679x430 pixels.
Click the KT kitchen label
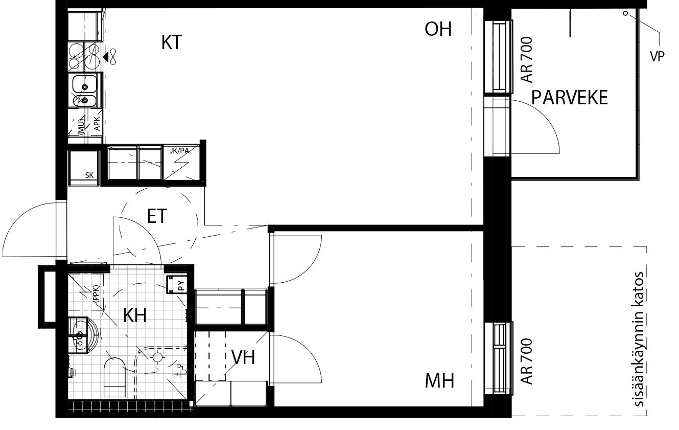(x=172, y=42)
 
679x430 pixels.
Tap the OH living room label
(x=438, y=29)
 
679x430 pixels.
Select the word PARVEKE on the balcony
(x=570, y=98)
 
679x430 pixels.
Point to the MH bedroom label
(x=439, y=381)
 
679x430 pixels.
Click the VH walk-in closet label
(x=243, y=357)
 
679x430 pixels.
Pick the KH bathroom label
(x=135, y=315)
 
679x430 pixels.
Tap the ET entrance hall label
(x=157, y=216)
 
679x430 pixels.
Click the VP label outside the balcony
(x=657, y=56)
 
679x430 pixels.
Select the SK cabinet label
(x=89, y=175)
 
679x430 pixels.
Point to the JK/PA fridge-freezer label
(x=179, y=151)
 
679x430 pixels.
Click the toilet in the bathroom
(x=114, y=377)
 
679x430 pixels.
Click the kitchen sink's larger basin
(x=85, y=83)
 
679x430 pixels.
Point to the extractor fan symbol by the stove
(x=111, y=57)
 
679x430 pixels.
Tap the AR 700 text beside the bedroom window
(x=527, y=361)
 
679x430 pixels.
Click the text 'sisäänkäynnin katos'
(x=638, y=339)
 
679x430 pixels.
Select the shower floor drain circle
(x=157, y=357)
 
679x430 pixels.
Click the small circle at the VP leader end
(x=625, y=13)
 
